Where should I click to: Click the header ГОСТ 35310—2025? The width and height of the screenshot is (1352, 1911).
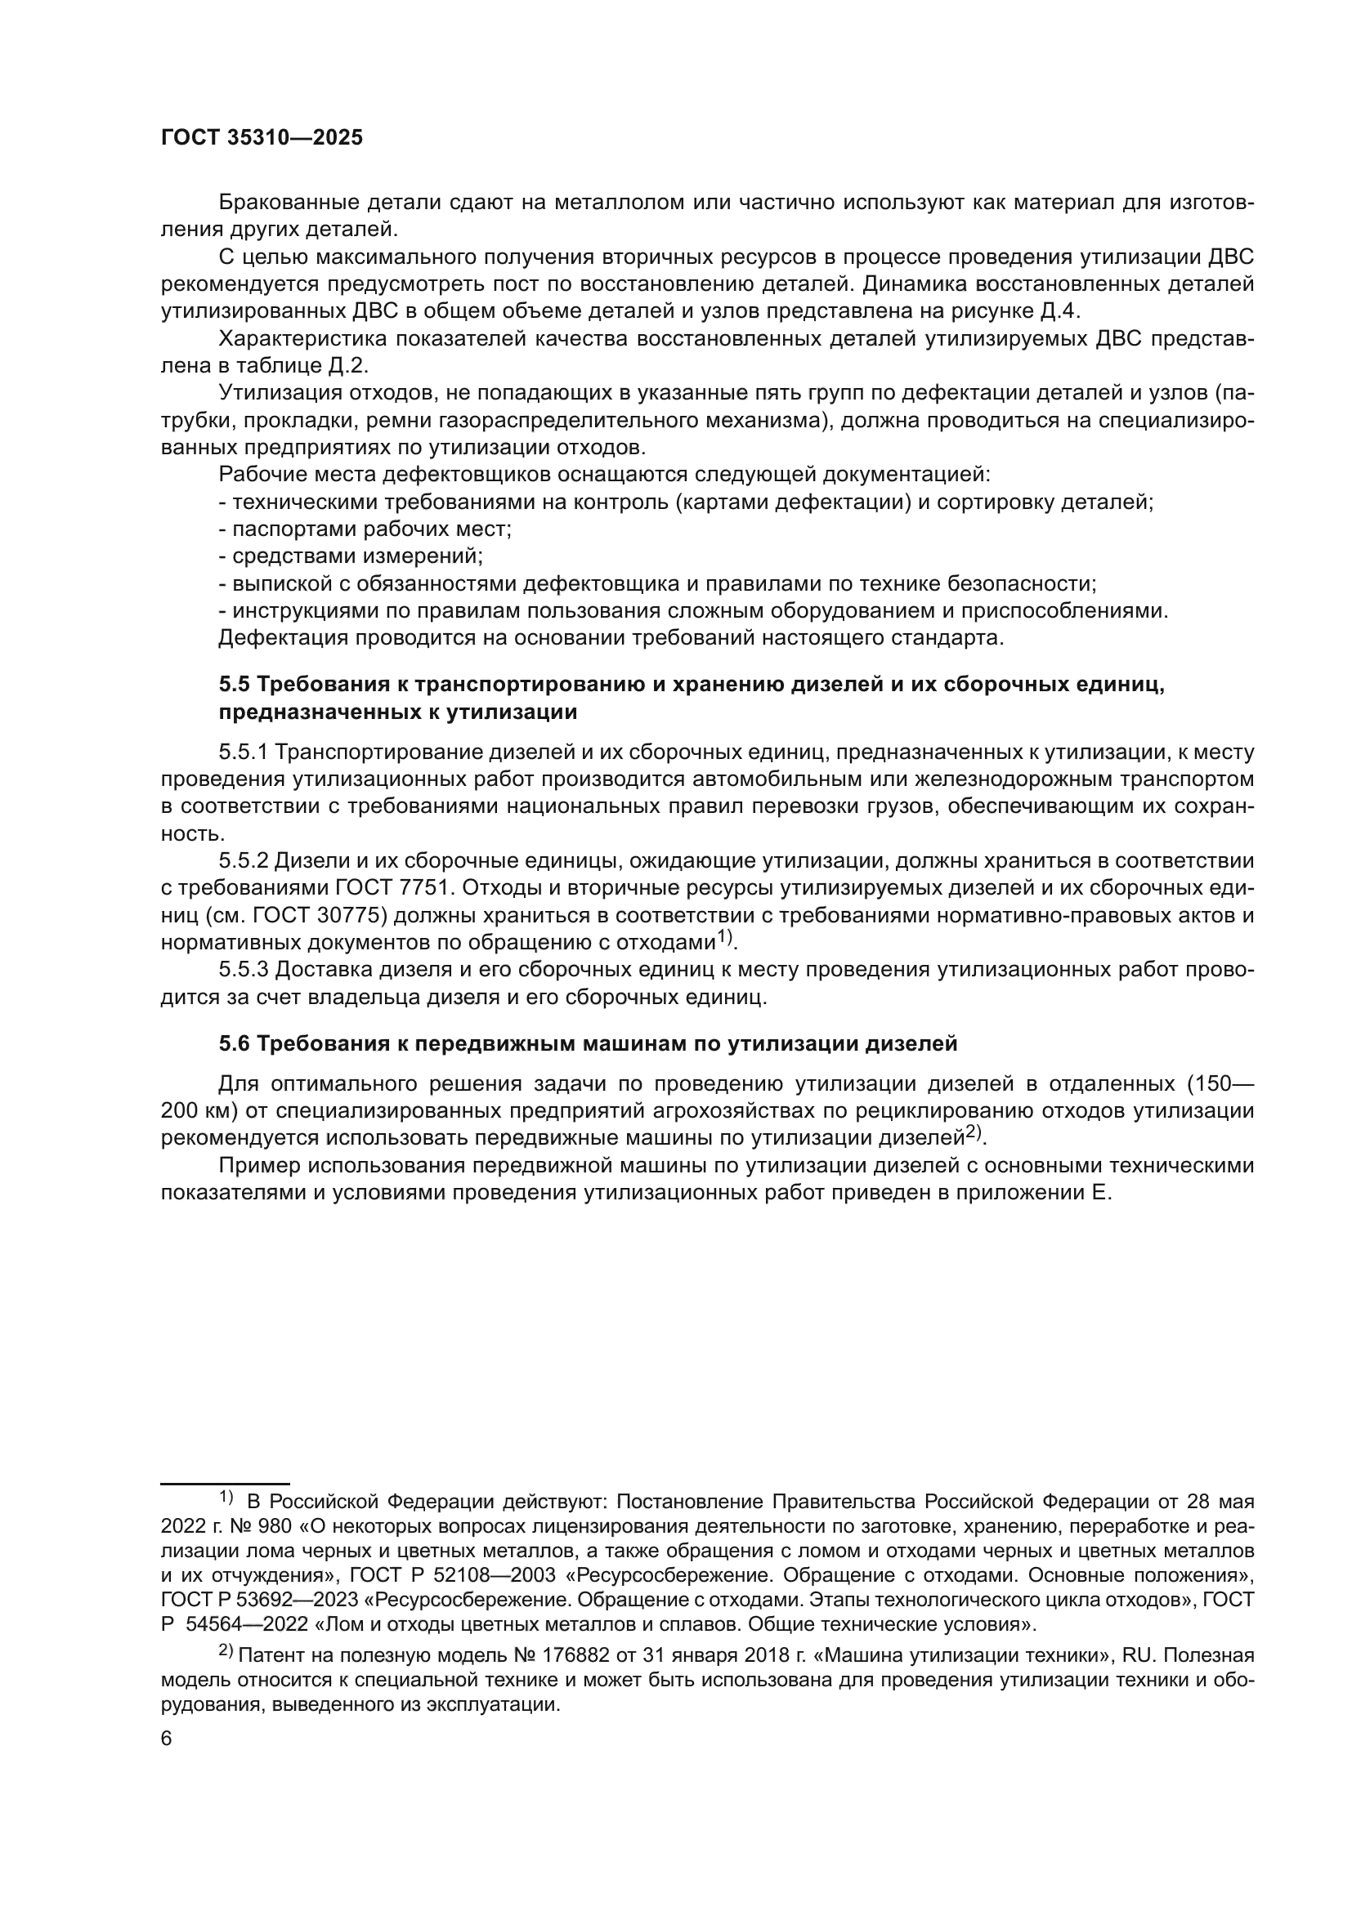[262, 138]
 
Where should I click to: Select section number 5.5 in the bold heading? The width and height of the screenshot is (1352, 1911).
[234, 684]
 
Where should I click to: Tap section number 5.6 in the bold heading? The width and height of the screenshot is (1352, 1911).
[234, 1043]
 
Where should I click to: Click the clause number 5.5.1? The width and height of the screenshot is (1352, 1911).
[243, 752]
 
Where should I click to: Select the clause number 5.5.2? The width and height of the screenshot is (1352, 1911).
[243, 860]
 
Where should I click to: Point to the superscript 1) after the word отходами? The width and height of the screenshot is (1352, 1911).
[725, 937]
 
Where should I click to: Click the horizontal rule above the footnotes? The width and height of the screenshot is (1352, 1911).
[225, 1482]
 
